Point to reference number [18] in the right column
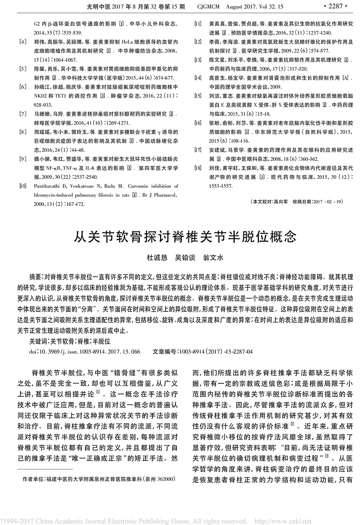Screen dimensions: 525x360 [198, 168]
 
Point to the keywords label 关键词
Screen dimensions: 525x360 [38, 341]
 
